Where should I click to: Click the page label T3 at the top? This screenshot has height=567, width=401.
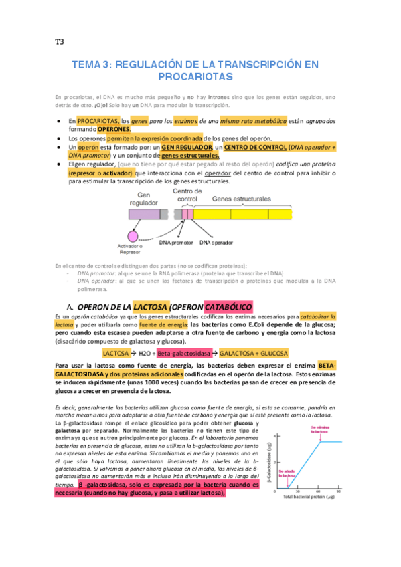59,41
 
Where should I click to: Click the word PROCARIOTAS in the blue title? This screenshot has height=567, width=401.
200,78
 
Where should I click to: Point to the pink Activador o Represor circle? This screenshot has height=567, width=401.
133,236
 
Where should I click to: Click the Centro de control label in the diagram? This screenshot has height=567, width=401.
185,195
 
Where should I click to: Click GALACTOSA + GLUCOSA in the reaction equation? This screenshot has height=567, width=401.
254,353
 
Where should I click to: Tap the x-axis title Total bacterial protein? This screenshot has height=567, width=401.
308,497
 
